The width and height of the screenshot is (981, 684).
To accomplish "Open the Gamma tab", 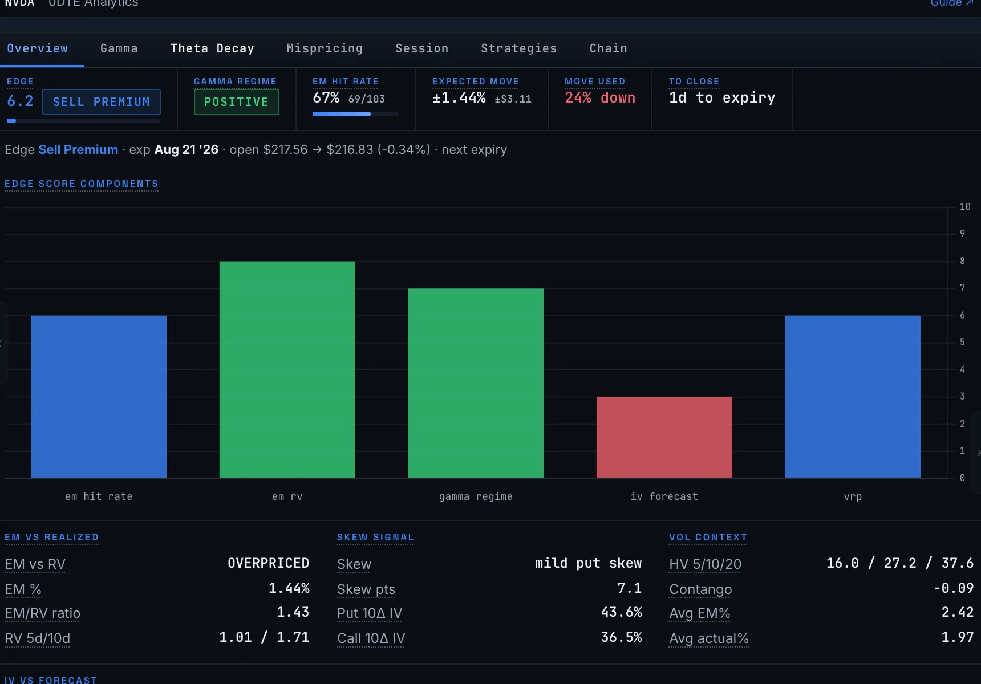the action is pyautogui.click(x=119, y=48).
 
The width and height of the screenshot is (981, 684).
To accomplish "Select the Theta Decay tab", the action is pyautogui.click(x=212, y=48).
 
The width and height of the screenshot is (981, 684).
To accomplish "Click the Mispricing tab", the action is pyautogui.click(x=325, y=48).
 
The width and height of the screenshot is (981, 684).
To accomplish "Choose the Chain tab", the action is pyautogui.click(x=608, y=48).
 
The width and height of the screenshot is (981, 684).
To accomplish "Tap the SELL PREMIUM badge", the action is pyautogui.click(x=102, y=102).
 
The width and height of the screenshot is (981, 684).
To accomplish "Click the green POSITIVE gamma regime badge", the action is pyautogui.click(x=236, y=102).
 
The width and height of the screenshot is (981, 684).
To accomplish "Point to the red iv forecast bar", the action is pyautogui.click(x=664, y=437).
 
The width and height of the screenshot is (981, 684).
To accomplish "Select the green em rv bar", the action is pyautogui.click(x=287, y=369).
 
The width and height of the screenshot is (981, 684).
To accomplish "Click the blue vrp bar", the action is pyautogui.click(x=853, y=397).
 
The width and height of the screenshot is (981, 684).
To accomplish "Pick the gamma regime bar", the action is pyautogui.click(x=476, y=383).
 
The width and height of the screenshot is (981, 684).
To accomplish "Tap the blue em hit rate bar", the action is pyautogui.click(x=99, y=397).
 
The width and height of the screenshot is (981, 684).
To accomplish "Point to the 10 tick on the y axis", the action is pyautogui.click(x=965, y=206).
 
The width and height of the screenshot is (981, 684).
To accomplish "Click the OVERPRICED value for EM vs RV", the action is pyautogui.click(x=269, y=563).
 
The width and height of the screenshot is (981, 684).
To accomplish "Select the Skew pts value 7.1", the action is pyautogui.click(x=630, y=588).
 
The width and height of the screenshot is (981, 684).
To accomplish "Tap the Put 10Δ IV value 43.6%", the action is pyautogui.click(x=622, y=612).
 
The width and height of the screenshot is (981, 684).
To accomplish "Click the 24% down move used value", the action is pyautogui.click(x=600, y=98).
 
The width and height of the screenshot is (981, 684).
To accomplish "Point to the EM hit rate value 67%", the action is pyautogui.click(x=326, y=98).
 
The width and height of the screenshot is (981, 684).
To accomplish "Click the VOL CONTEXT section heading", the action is pyautogui.click(x=708, y=537).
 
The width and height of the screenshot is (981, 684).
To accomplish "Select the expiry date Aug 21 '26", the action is pyautogui.click(x=187, y=149).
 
